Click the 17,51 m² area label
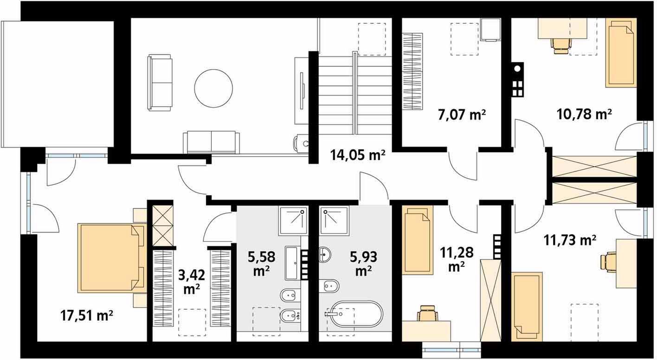click(87, 316)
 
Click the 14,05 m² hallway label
click(358, 155)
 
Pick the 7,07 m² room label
click(462, 115)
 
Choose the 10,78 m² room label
click(584, 114)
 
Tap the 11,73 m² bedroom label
click(570, 240)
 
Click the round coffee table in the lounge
click(213, 88)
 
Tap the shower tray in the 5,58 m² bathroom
click(293, 221)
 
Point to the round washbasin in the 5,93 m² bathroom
click(325, 254)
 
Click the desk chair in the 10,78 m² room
click(561, 45)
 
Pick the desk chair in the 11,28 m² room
click(428, 314)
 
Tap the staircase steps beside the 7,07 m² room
click(355, 92)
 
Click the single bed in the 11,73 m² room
click(527, 307)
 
